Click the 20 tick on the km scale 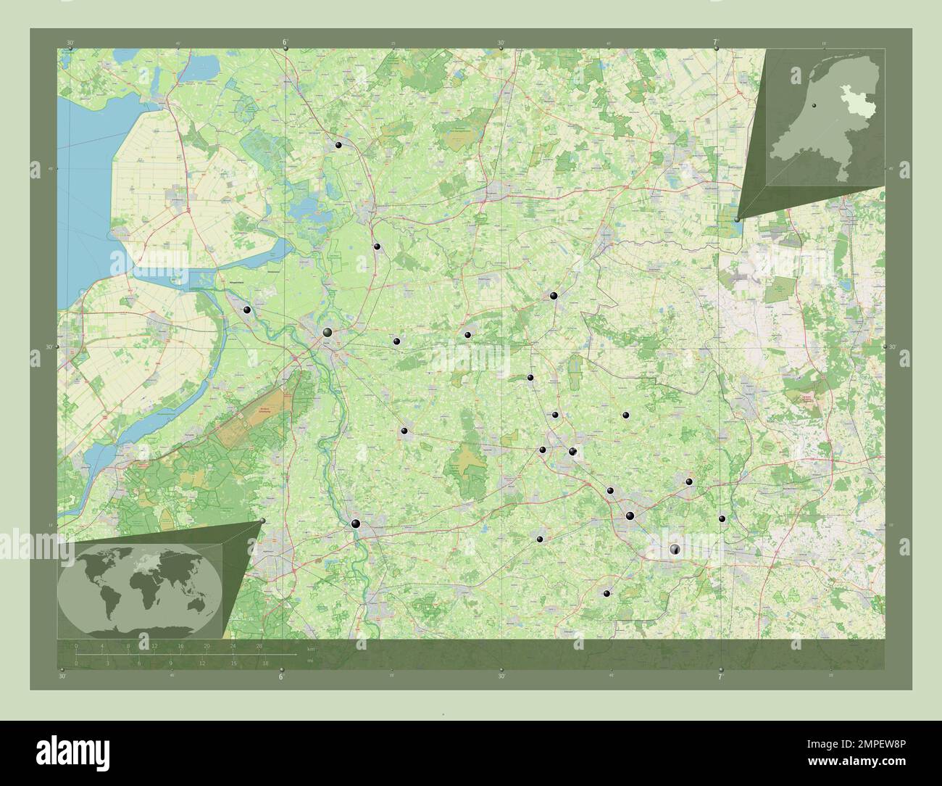click(x=207, y=646)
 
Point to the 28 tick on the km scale click(x=259, y=646)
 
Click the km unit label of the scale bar click(x=311, y=648)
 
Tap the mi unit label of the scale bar click(x=309, y=661)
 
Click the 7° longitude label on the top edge click(x=716, y=44)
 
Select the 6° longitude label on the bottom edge click(x=281, y=677)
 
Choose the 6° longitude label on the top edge click(x=285, y=44)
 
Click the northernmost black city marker click(x=338, y=146)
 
